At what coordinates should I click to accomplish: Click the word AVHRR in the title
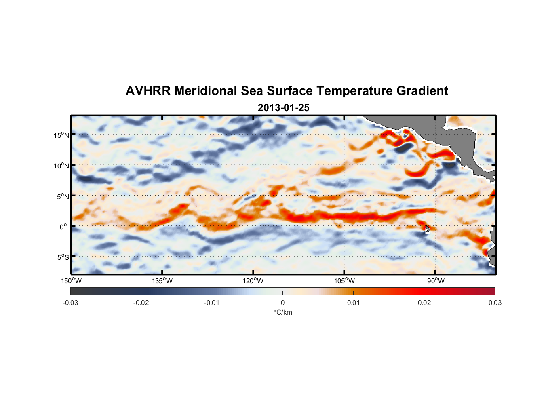tap(148, 91)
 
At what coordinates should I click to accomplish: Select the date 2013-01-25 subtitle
tap(283, 108)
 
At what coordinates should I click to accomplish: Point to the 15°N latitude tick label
tap(61, 135)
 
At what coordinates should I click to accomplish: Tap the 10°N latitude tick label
tap(61, 166)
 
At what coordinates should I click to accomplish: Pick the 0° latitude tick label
tap(64, 227)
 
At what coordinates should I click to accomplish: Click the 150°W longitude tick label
tap(72, 281)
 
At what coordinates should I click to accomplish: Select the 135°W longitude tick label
tap(162, 281)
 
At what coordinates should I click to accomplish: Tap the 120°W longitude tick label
tap(253, 281)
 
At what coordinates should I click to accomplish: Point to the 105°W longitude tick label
tap(344, 281)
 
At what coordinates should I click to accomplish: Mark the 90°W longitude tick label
tap(436, 281)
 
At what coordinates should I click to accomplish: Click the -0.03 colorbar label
tap(70, 303)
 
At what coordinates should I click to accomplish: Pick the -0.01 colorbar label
tap(212, 303)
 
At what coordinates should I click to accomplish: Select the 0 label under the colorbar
tap(282, 303)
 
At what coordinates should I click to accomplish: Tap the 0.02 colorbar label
tap(424, 303)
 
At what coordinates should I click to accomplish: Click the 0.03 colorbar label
tap(495, 303)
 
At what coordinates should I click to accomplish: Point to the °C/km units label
tap(282, 312)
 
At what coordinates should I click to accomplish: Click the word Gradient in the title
tap(422, 91)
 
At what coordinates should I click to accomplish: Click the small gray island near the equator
tap(428, 229)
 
